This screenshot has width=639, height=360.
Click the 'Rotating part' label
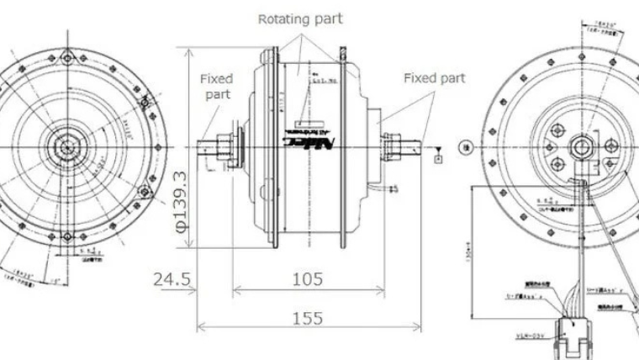pos(300,18)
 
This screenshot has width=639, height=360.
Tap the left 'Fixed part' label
pos(217,87)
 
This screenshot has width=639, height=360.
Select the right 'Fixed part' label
pos(434,78)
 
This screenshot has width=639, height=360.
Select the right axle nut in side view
pos(389,149)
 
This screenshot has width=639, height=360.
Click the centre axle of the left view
pos(65,146)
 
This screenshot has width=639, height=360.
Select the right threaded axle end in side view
pos(411,148)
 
